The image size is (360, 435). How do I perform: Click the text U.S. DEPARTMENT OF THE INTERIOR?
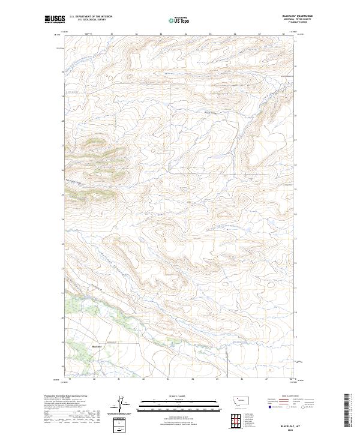point(91,16)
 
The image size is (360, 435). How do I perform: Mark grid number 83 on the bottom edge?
point(169,380)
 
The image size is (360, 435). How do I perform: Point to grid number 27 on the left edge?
point(62,145)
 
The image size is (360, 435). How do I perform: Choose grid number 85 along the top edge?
point(210,34)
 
